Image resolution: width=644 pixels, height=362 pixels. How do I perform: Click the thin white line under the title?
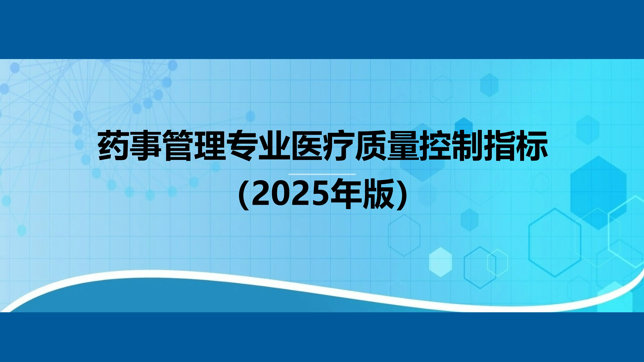tap(322, 174)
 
